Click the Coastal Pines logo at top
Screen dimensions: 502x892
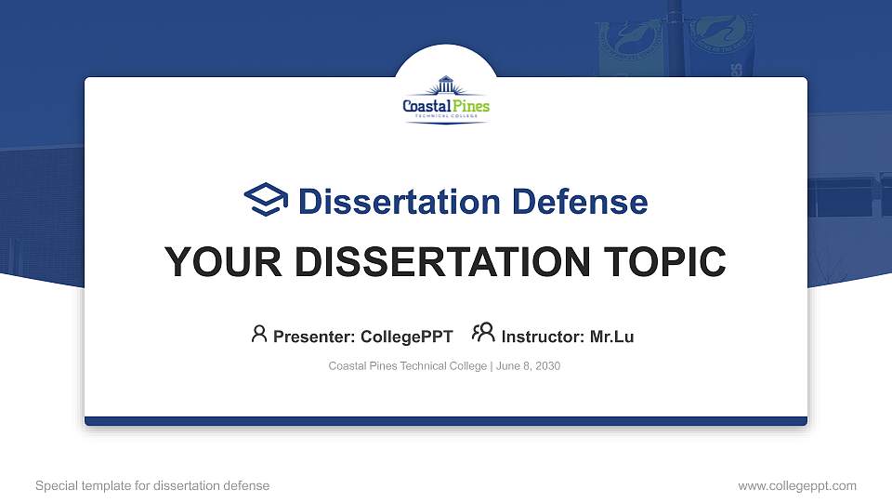pyautogui.click(x=446, y=99)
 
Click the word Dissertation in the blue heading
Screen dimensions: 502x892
pyautogui.click(x=388, y=202)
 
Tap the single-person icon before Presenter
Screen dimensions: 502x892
pyautogui.click(x=259, y=334)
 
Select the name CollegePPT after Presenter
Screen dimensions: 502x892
pyautogui.click(x=406, y=337)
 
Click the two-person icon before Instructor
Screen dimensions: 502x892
pyautogui.click(x=483, y=334)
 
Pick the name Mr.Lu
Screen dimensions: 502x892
pyautogui.click(x=612, y=337)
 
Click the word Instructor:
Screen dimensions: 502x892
pyautogui.click(x=544, y=337)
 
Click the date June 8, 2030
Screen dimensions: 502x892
pyautogui.click(x=528, y=366)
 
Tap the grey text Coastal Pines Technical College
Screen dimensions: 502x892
pyautogui.click(x=407, y=366)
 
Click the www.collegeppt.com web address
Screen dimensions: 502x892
pyautogui.click(x=797, y=485)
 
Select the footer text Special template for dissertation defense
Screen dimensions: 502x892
pyautogui.click(x=152, y=485)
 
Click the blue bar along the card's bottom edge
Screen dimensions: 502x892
pyautogui.click(x=446, y=421)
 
